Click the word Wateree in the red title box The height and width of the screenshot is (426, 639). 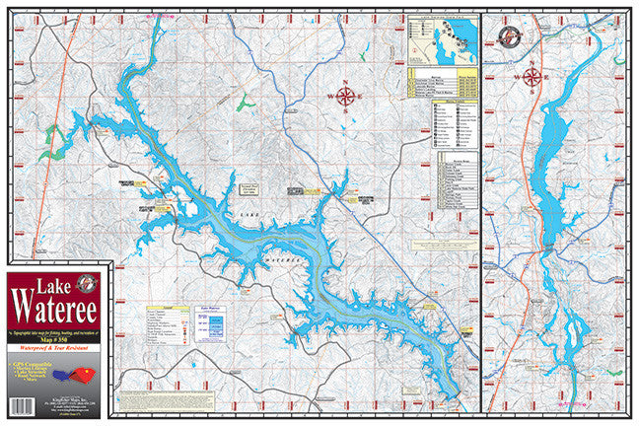click(x=55, y=319)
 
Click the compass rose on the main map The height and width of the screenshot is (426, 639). click(x=345, y=96)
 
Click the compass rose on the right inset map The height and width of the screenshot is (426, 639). click(x=532, y=75)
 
